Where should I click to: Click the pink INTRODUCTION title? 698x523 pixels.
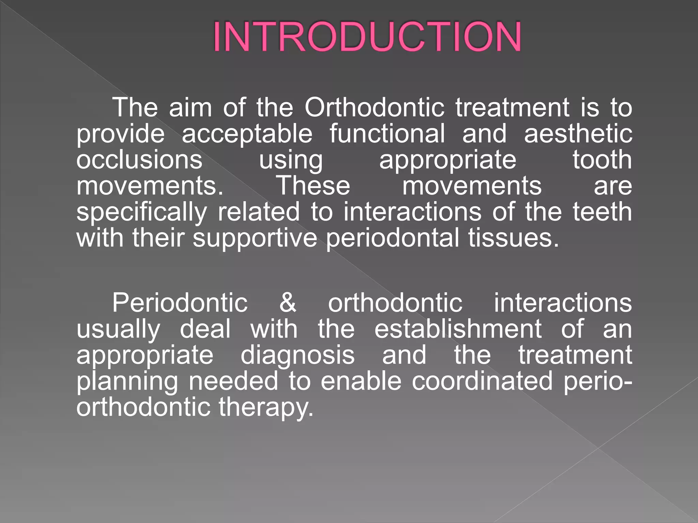pyautogui.click(x=367, y=36)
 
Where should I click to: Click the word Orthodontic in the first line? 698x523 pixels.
pyautogui.click(x=374, y=108)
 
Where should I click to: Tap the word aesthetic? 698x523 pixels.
pyautogui.click(x=578, y=133)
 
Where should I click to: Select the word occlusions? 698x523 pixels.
pyautogui.click(x=139, y=160)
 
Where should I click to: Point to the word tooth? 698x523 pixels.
pyautogui.click(x=602, y=160)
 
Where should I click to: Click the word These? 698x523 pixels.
pyautogui.click(x=313, y=186)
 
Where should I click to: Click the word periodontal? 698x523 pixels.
pyautogui.click(x=392, y=238)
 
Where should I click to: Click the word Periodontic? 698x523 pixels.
pyautogui.click(x=180, y=303)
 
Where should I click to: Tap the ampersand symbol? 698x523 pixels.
pyautogui.click(x=288, y=303)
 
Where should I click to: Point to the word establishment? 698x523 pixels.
pyautogui.click(x=458, y=329)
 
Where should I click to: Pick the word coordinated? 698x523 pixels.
pyautogui.click(x=482, y=381)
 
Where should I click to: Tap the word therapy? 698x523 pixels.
pyautogui.click(x=265, y=407)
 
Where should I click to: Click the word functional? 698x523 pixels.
pyautogui.click(x=387, y=133)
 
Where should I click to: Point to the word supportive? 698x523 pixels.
pyautogui.click(x=255, y=238)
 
